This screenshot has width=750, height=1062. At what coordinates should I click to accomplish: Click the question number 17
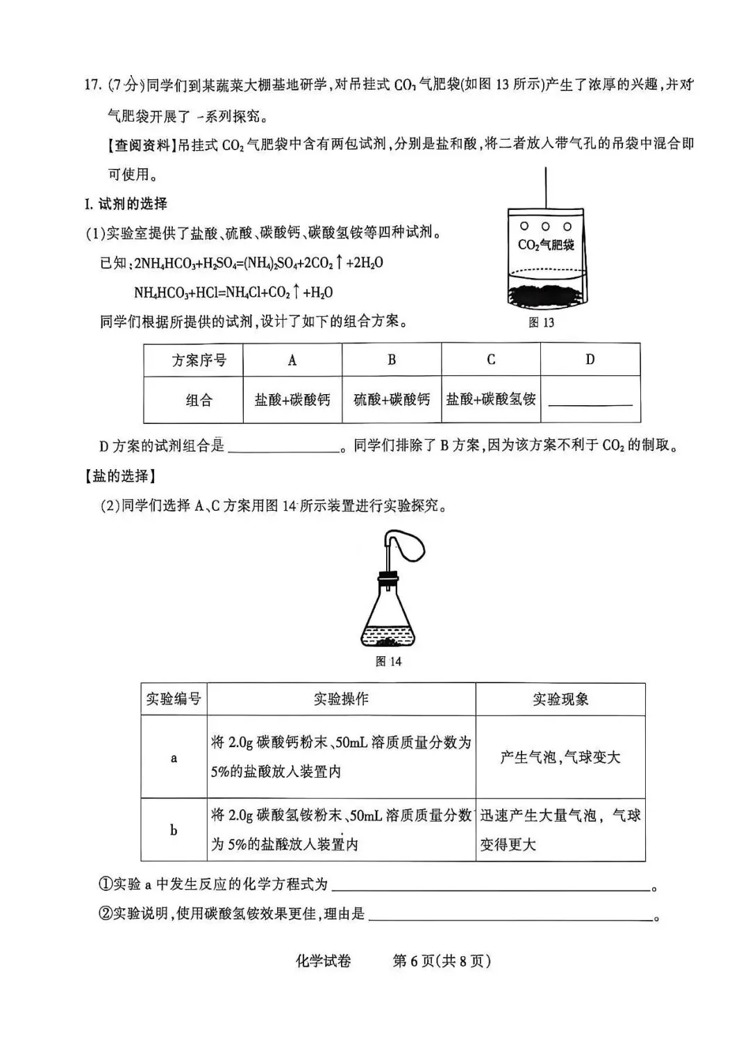[93, 85]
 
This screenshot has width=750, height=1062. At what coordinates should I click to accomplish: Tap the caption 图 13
[541, 322]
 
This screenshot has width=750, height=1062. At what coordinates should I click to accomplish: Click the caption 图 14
[388, 661]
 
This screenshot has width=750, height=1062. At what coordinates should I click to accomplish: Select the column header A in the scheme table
[292, 360]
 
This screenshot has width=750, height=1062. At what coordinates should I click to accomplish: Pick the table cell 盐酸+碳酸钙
[292, 400]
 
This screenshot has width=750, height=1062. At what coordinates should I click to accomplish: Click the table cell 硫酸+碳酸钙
[392, 400]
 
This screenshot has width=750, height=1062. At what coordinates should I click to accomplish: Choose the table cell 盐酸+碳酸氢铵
[491, 400]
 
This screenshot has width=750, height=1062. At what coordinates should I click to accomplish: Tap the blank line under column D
[590, 402]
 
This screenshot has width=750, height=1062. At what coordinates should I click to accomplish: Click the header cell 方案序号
[199, 360]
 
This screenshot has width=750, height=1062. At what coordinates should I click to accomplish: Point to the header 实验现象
[560, 699]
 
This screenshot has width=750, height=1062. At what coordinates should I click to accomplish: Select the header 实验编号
[174, 699]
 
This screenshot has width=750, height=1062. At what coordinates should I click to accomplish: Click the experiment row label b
[174, 830]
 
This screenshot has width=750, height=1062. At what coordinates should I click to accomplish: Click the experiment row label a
[174, 758]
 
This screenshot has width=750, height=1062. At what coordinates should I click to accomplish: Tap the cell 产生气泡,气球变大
[560, 758]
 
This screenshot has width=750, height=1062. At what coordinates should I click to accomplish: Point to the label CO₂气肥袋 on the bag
[546, 245]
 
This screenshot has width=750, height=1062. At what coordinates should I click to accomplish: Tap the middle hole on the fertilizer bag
[546, 226]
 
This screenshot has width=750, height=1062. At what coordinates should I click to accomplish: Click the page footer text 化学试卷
[324, 961]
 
